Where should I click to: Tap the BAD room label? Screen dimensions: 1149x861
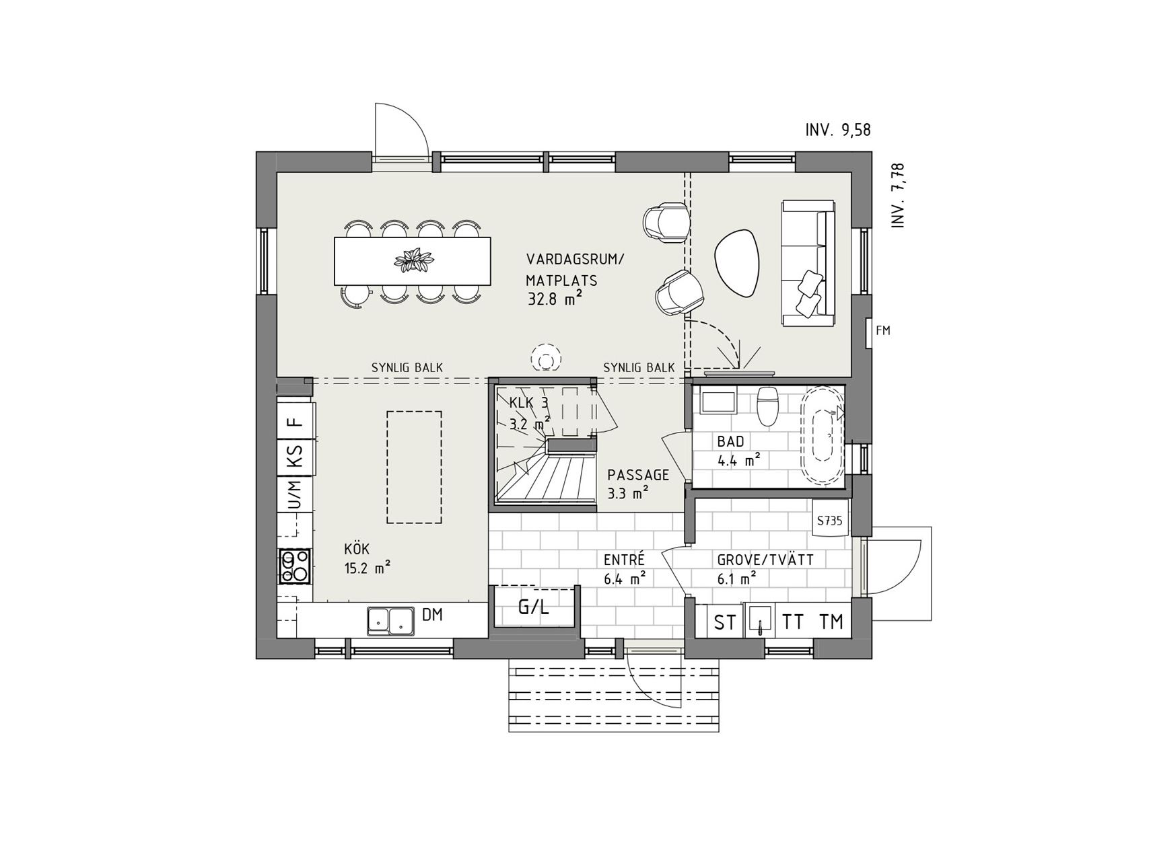tap(730, 442)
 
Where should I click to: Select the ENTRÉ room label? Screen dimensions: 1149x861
tap(624, 560)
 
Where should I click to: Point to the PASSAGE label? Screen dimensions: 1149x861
tap(638, 475)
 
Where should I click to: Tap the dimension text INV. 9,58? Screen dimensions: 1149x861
tap(838, 130)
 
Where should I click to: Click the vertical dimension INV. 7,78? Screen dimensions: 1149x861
tap(898, 195)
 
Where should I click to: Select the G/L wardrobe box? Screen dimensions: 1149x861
tap(534, 607)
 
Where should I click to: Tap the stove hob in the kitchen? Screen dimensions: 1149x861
tap(295, 566)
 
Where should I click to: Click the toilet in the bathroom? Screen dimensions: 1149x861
tap(767, 406)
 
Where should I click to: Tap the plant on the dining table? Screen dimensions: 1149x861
tap(413, 260)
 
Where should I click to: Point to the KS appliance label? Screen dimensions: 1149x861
tap(294, 457)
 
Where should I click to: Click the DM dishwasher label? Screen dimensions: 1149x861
tap(432, 614)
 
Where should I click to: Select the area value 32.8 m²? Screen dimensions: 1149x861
tap(555, 299)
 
